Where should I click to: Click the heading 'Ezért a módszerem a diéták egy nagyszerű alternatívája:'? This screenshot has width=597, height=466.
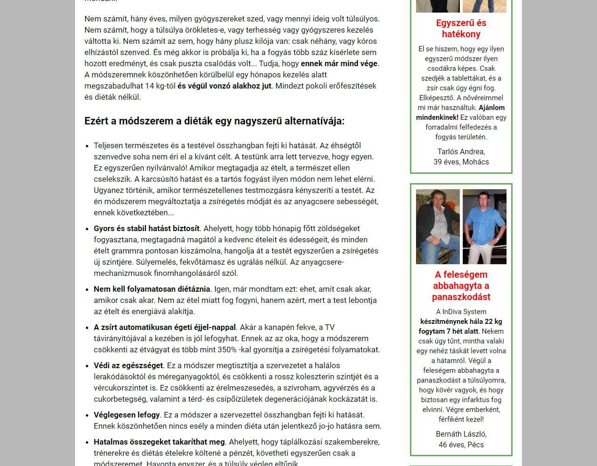(x=214, y=121)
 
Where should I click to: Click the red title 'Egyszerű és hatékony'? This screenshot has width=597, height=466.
(x=461, y=28)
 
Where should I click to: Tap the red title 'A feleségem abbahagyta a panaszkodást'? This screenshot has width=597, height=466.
(x=461, y=286)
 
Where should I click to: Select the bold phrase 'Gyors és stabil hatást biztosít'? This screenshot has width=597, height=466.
(x=146, y=228)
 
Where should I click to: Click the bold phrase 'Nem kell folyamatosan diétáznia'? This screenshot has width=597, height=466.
(x=152, y=289)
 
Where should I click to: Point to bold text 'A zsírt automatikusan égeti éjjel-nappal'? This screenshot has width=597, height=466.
(x=165, y=327)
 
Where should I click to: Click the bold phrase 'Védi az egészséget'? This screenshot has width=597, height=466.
(x=128, y=365)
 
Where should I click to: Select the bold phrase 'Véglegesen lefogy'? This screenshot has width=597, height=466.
(x=126, y=415)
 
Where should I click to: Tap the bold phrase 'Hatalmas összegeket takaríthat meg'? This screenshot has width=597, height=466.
(x=159, y=442)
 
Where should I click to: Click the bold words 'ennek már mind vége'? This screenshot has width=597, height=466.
(x=339, y=63)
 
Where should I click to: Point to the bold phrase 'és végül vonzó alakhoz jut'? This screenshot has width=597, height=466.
(x=224, y=86)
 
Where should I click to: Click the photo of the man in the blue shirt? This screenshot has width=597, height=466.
(x=484, y=226)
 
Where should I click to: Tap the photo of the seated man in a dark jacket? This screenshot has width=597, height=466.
(x=437, y=226)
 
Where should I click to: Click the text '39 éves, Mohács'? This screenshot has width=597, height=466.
(x=461, y=162)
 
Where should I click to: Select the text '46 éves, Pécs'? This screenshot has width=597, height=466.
(x=461, y=445)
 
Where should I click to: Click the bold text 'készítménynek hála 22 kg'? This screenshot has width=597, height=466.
(x=461, y=322)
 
